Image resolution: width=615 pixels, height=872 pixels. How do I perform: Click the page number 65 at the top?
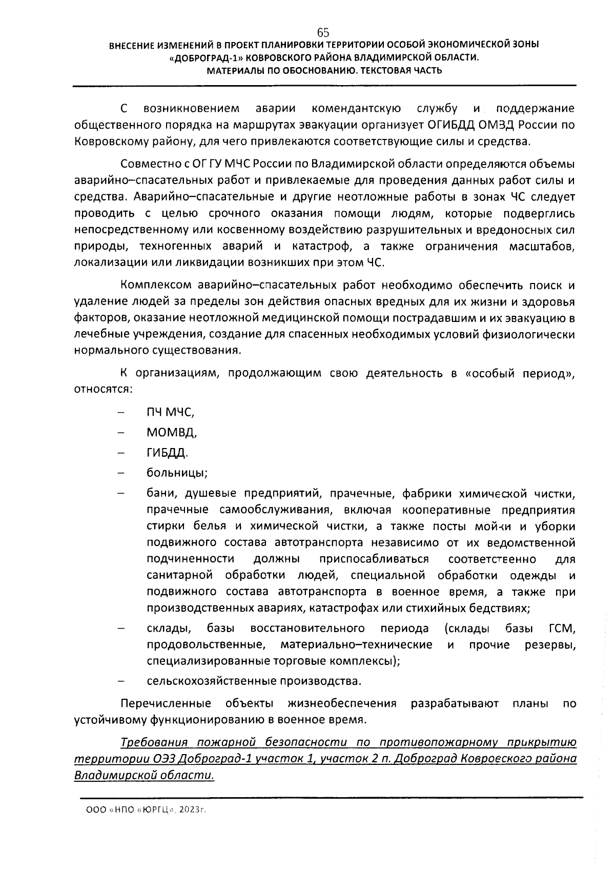click(323, 32)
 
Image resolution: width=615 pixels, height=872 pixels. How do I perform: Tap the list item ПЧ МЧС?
click(170, 412)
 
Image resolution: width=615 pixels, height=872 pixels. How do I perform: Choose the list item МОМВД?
click(172, 432)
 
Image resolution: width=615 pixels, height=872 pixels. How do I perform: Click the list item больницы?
click(177, 472)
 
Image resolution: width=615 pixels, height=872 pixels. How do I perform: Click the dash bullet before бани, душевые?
click(121, 493)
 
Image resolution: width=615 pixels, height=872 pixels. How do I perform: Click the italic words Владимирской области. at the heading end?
click(144, 775)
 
